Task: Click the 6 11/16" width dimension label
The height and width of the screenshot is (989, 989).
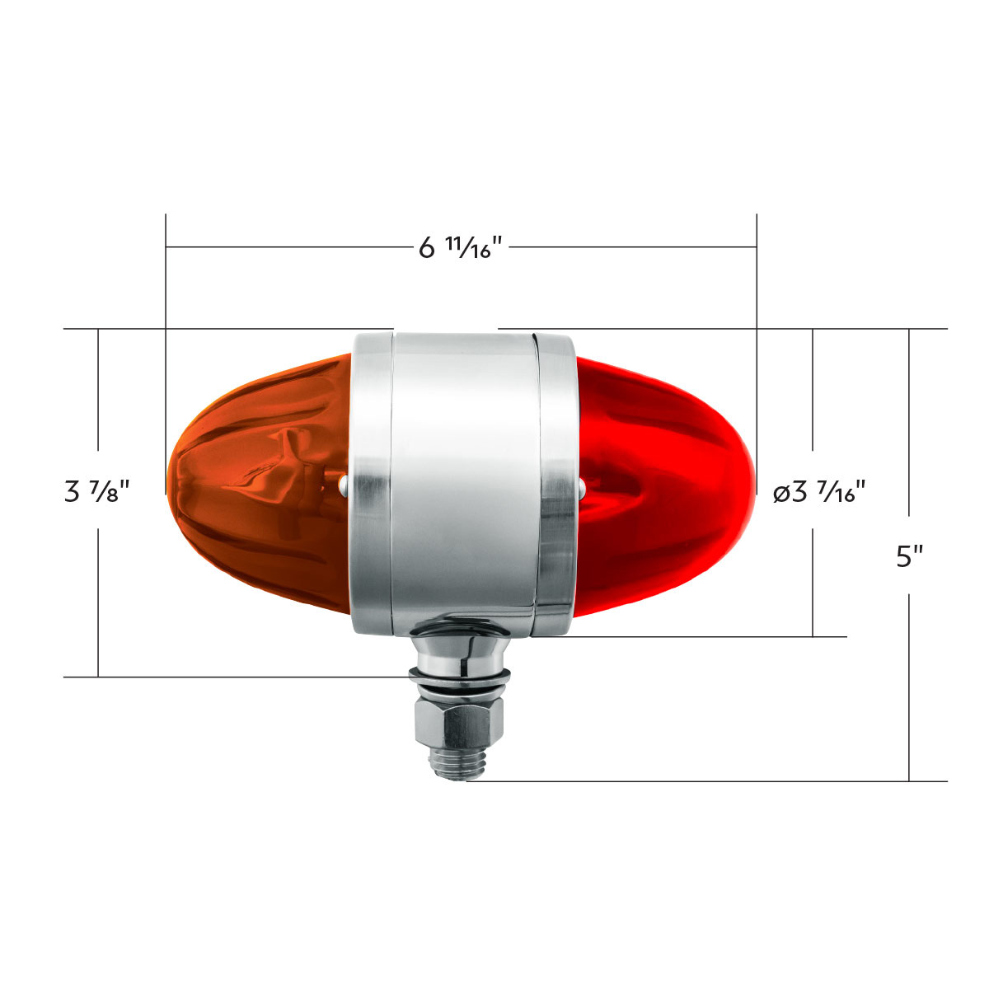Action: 461,246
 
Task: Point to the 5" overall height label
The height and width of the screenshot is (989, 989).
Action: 909,557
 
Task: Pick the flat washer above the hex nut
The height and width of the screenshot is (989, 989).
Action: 460,681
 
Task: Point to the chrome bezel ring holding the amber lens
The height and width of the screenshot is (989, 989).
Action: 371,485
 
